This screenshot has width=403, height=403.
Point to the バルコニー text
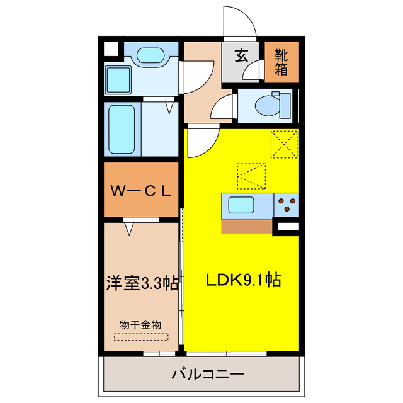coord(198,375)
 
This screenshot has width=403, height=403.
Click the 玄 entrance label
coord(242,55)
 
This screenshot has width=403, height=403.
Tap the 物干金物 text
coord(140,324)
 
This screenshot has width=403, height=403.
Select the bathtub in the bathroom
coord(122,128)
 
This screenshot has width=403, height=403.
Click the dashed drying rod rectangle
coord(140,337)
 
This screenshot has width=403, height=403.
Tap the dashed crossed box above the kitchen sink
coord(252,176)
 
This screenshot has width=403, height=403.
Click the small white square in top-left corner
coord(110,48)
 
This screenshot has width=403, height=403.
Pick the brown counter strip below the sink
coord(246,226)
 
